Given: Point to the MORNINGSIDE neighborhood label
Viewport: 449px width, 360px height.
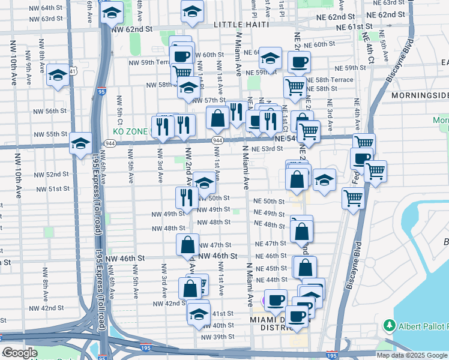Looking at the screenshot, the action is [x=419, y=95].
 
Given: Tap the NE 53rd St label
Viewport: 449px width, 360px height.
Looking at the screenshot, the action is [x=268, y=149].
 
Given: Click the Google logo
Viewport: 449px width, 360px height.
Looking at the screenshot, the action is [x=20, y=353].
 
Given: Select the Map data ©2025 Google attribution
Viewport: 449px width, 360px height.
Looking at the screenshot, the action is [x=411, y=355].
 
